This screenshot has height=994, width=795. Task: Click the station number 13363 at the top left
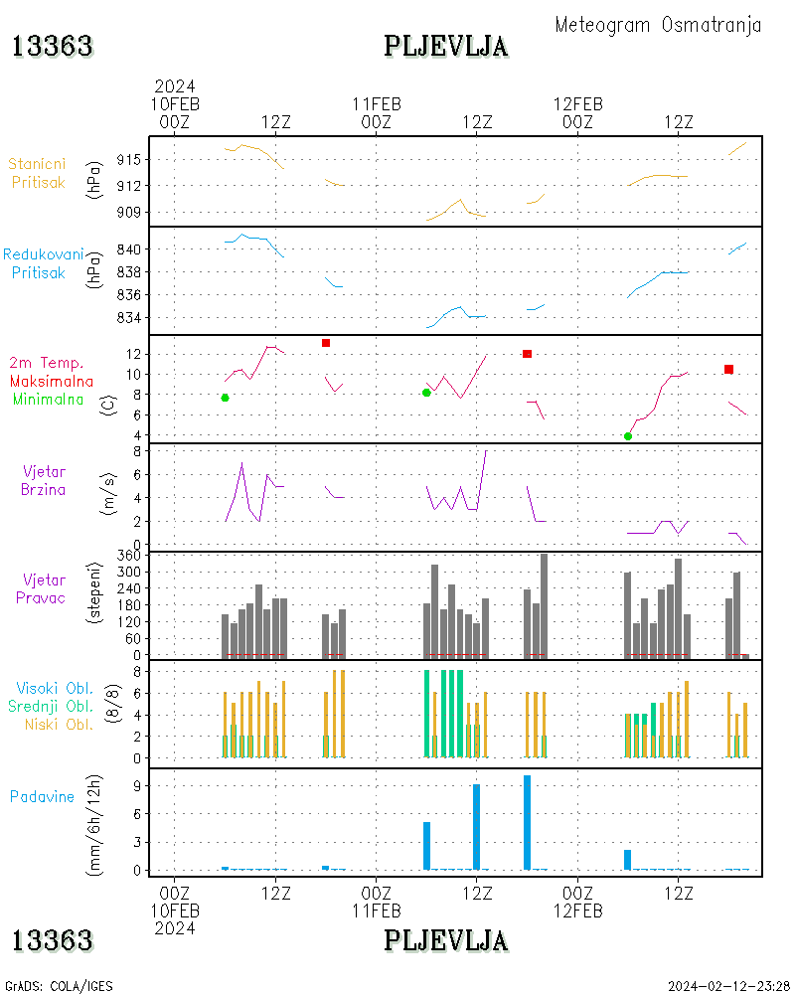point(53,46)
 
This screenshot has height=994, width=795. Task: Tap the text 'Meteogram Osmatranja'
point(658,25)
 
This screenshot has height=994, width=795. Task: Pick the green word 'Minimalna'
point(49,399)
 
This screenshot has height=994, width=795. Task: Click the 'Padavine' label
point(42,796)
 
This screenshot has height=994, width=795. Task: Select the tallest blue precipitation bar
point(527,822)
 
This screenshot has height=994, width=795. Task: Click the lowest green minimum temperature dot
point(628,436)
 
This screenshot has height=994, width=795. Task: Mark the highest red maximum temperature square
point(326,343)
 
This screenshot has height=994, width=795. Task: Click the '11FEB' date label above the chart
point(377,103)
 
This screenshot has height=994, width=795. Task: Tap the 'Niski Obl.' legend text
point(57,724)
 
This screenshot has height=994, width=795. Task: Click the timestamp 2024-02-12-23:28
point(728,986)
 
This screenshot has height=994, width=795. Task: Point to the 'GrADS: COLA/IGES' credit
point(59,986)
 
